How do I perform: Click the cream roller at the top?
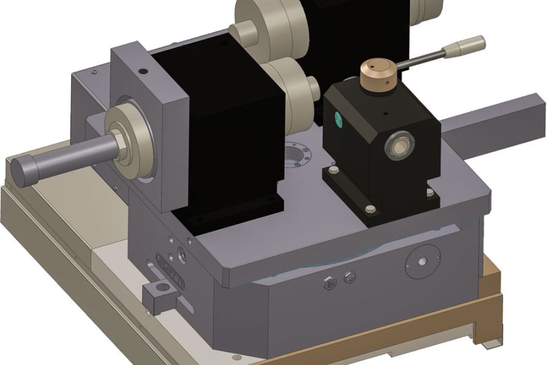pos(264,24)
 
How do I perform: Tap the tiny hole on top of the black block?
pos(384,113)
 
